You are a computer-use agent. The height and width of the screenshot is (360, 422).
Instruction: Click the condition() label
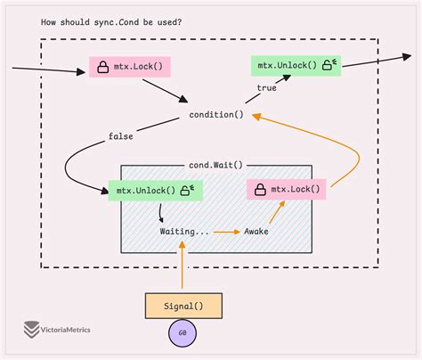pos(216,115)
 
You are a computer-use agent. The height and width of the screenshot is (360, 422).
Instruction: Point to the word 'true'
pos(266,88)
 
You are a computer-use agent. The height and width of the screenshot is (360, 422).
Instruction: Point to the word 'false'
pos(122,136)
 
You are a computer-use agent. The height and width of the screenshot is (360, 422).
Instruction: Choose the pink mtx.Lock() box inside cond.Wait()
pos(286,189)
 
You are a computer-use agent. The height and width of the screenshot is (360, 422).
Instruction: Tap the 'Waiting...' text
pos(185,231)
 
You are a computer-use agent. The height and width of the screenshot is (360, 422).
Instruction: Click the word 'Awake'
pos(256,231)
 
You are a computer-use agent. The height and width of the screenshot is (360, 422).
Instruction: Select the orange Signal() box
pos(183,306)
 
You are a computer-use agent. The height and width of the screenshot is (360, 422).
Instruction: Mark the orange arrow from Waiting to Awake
pos(227,231)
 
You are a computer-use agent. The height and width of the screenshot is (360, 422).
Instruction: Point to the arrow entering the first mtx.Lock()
pos(45,68)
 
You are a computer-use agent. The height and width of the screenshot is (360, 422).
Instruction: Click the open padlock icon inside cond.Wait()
pos(188,190)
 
